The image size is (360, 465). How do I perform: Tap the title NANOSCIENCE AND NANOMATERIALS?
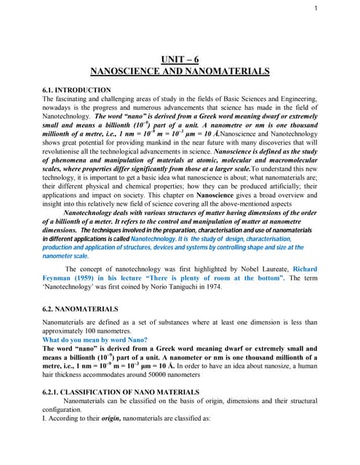pyautogui.click(x=179, y=71)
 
